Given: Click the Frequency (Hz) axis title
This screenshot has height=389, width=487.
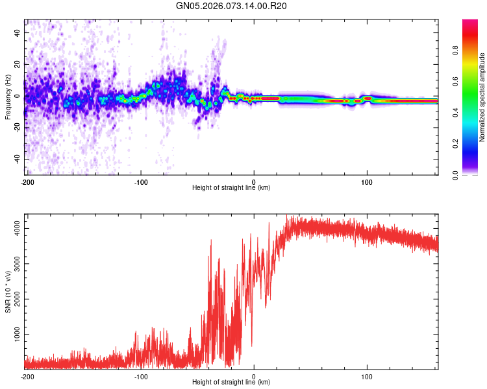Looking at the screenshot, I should pos(8,97).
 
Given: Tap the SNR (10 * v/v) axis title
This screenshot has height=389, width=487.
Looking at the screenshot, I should pos(8,292).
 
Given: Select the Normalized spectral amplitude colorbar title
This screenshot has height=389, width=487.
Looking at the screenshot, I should pos(482,97).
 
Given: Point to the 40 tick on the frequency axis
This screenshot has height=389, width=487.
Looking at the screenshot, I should pos(18,33).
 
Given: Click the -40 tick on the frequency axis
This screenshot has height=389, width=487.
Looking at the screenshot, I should pos(18,159).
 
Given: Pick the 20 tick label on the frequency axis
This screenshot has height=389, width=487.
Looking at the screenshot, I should pos(18,65).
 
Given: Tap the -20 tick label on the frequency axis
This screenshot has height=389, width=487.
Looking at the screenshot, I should pos(18,128).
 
